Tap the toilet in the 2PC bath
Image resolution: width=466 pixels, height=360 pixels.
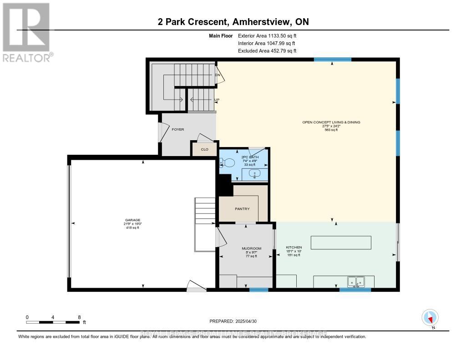pos(227,162)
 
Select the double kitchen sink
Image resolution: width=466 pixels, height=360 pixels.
pos(356,282)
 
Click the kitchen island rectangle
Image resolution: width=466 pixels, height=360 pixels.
pos(341,243)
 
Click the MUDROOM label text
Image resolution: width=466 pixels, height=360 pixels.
pos(249,248)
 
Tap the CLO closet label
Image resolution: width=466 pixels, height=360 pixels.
pos(204,149)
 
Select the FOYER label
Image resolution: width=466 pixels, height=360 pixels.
pos(177,129)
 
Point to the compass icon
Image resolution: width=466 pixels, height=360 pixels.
pos(430,317)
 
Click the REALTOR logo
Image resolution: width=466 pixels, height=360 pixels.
pos(26,32)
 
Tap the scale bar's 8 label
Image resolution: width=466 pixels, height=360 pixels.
pos(79,317)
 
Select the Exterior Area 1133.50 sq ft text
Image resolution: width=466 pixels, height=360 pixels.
pos(267,35)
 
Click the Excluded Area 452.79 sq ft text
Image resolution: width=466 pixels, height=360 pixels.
pos(267,51)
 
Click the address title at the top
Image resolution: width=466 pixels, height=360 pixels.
pos(233,22)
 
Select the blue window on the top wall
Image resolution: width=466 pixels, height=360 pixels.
pos(332,59)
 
